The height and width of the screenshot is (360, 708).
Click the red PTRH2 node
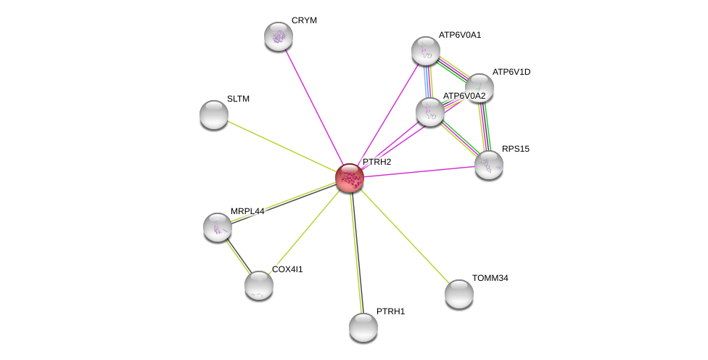coord(350,178)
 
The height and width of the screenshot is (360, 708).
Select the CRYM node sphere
coord(279,36)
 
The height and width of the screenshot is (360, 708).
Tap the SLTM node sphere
coord(214,115)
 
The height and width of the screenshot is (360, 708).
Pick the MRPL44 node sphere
coord(218,227)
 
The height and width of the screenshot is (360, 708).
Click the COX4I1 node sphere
coord(259,285)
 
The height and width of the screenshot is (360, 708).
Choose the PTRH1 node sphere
coord(363,327)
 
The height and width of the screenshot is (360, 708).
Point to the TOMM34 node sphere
coord(459,294)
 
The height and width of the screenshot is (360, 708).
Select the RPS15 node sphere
coord(489,165)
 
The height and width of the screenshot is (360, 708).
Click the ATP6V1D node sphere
coord(479,88)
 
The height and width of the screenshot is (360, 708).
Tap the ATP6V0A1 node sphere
coord(425,51)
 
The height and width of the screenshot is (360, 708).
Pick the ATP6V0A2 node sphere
coord(430,112)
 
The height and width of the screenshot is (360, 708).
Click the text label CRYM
coord(305,20)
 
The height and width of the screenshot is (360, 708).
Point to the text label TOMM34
coord(490,278)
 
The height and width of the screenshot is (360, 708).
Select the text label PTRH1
coord(390,311)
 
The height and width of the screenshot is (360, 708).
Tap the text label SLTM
coord(238,99)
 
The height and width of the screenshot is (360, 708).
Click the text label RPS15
coord(516,149)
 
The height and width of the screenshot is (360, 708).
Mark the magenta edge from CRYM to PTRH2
coord(314,107)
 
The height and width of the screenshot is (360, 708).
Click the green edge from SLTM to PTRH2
coord(281,147)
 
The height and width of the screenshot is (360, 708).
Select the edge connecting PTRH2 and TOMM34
coord(405,235)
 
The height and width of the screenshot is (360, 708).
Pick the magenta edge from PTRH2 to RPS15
coord(419,171)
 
